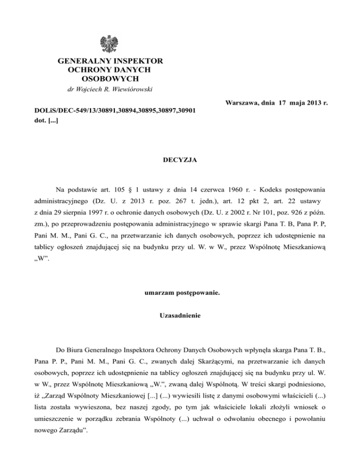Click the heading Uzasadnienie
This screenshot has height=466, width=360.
point(180,316)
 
